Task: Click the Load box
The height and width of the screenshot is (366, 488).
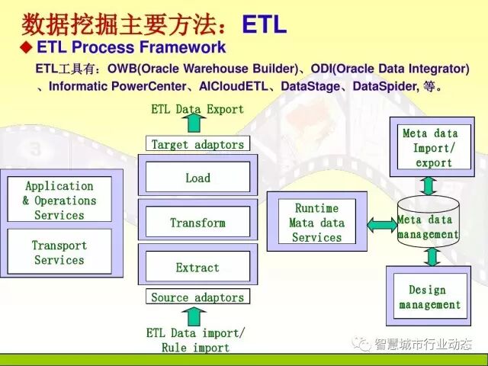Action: tap(197, 178)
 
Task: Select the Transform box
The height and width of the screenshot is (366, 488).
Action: tap(197, 223)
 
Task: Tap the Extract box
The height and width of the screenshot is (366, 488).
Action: tap(197, 268)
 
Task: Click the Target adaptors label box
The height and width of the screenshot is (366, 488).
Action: tap(197, 144)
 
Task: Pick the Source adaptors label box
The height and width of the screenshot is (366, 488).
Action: tap(197, 297)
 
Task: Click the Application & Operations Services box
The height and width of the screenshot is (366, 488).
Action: tap(59, 200)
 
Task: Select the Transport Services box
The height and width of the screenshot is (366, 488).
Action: tap(59, 252)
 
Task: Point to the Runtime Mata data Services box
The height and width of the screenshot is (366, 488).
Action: tap(316, 222)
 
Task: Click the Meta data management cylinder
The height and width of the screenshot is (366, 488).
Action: tap(429, 223)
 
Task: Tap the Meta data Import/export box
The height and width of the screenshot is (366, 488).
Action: tap(433, 148)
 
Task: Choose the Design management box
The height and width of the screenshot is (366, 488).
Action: tap(429, 297)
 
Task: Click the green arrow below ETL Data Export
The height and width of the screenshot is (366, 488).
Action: tap(194, 124)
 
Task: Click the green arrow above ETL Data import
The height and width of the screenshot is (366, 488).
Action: tap(196, 316)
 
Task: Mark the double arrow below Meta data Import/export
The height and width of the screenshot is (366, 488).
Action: tap(429, 185)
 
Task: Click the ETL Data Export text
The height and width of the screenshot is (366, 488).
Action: tap(197, 109)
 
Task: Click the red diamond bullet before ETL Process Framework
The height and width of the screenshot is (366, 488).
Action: tap(25, 47)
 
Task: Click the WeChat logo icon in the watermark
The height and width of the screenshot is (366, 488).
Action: tap(359, 345)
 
